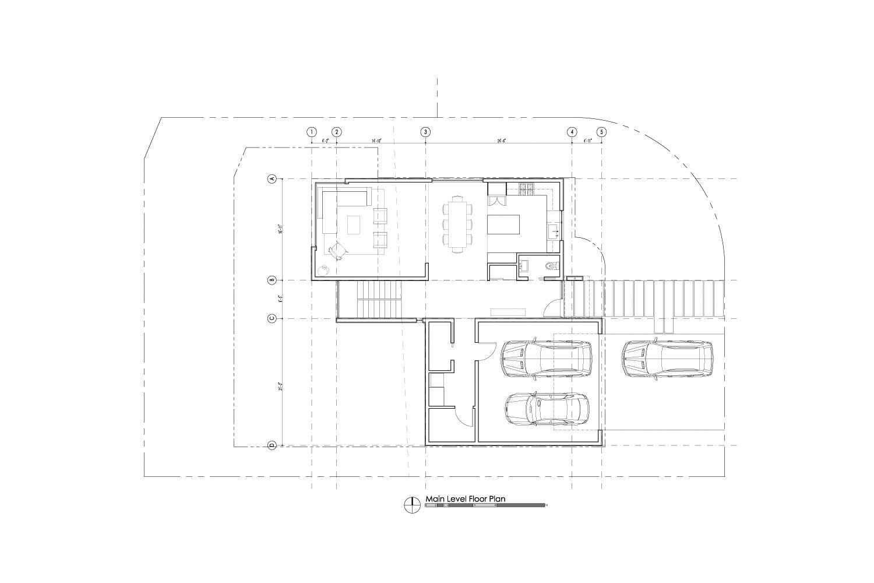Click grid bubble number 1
[312, 132]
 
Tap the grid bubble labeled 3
[426, 132]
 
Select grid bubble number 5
[601, 132]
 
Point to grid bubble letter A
[272, 179]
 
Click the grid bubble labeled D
[272, 446]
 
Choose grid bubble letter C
[272, 318]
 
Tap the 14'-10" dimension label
[376, 141]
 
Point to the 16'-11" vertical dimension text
[280, 229]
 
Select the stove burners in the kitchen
[527, 188]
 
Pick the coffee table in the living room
[354, 225]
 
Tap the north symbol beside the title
[412, 504]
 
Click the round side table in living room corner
[323, 269]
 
